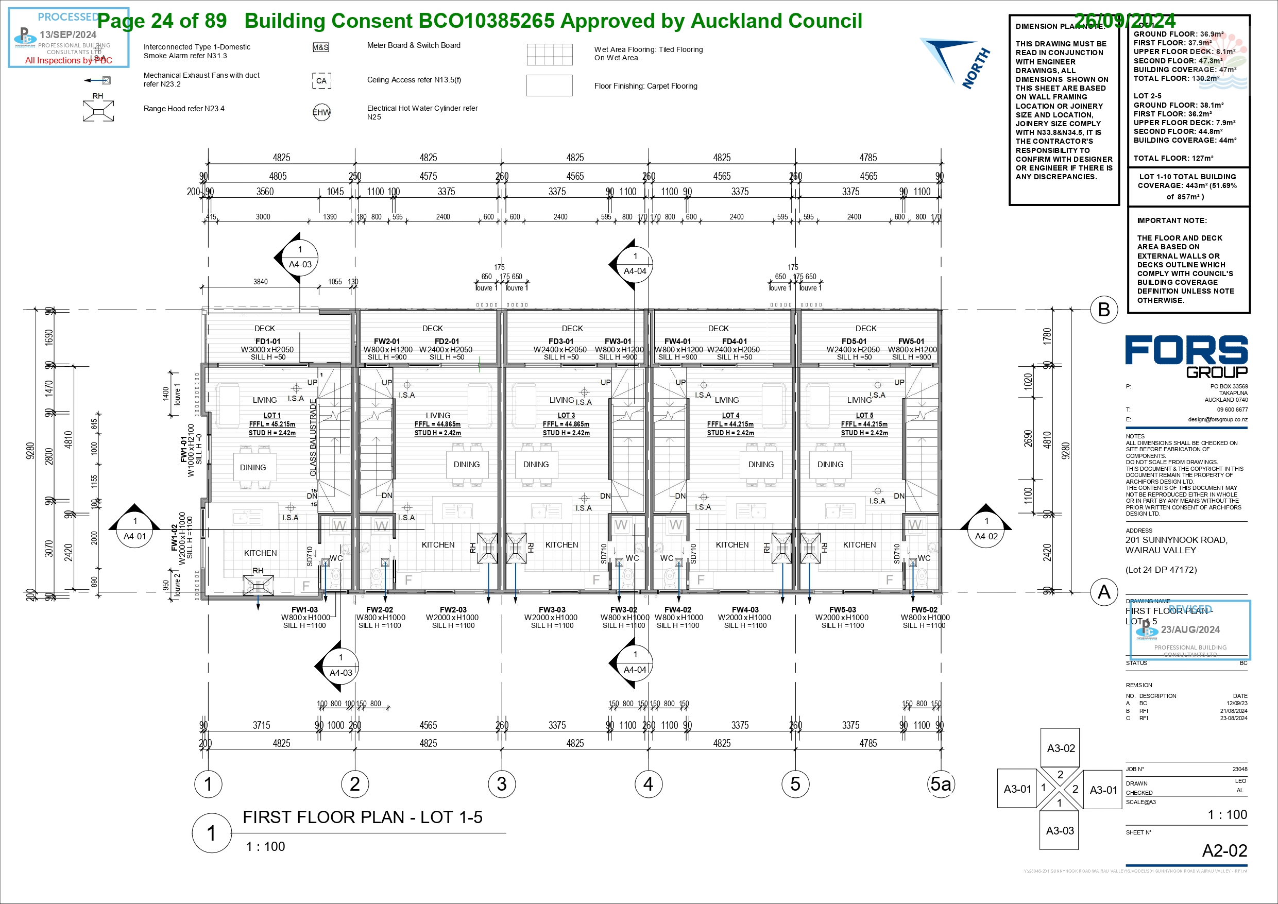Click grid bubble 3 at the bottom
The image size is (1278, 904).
(x=502, y=784)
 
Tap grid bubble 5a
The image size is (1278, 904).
(x=941, y=784)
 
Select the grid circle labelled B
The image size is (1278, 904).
(x=1104, y=310)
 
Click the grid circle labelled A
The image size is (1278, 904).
(x=1104, y=592)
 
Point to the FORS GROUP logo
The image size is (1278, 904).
(x=1186, y=356)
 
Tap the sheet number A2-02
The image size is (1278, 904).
(x=1224, y=850)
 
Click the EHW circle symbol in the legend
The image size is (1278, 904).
(x=321, y=112)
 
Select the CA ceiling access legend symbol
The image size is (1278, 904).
(x=321, y=81)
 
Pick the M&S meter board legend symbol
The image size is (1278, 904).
(x=320, y=47)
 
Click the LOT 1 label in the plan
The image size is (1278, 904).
(x=272, y=415)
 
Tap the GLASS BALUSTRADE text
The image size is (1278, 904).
(x=313, y=437)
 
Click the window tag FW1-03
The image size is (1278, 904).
(x=304, y=609)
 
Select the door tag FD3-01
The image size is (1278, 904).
(x=560, y=341)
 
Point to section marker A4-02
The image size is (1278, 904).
(x=986, y=529)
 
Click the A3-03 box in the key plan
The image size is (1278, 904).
(x=1060, y=830)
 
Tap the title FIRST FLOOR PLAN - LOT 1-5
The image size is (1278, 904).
(x=362, y=817)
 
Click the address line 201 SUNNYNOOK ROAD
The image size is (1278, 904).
(x=1176, y=540)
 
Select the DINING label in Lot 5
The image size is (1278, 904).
(x=830, y=464)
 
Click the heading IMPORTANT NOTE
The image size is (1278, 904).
(x=1172, y=220)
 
